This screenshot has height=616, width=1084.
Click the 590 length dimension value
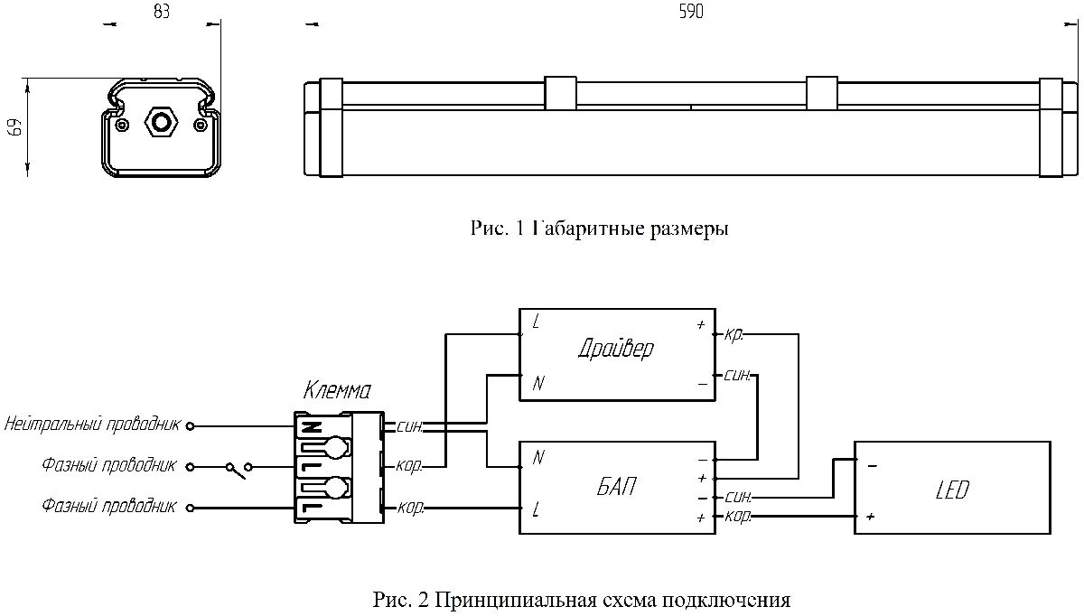[690, 12]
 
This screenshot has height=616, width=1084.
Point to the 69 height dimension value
[14, 126]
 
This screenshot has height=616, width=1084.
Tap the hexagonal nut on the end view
[161, 121]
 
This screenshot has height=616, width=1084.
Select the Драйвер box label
[615, 349]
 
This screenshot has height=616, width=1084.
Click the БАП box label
[616, 488]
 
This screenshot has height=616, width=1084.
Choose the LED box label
[952, 490]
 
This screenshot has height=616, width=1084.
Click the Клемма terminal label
[337, 391]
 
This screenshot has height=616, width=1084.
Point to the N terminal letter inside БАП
[538, 458]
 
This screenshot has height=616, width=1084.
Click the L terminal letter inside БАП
[537, 509]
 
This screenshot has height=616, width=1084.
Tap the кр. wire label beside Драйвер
[734, 334]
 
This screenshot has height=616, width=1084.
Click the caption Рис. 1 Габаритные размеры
[599, 229]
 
